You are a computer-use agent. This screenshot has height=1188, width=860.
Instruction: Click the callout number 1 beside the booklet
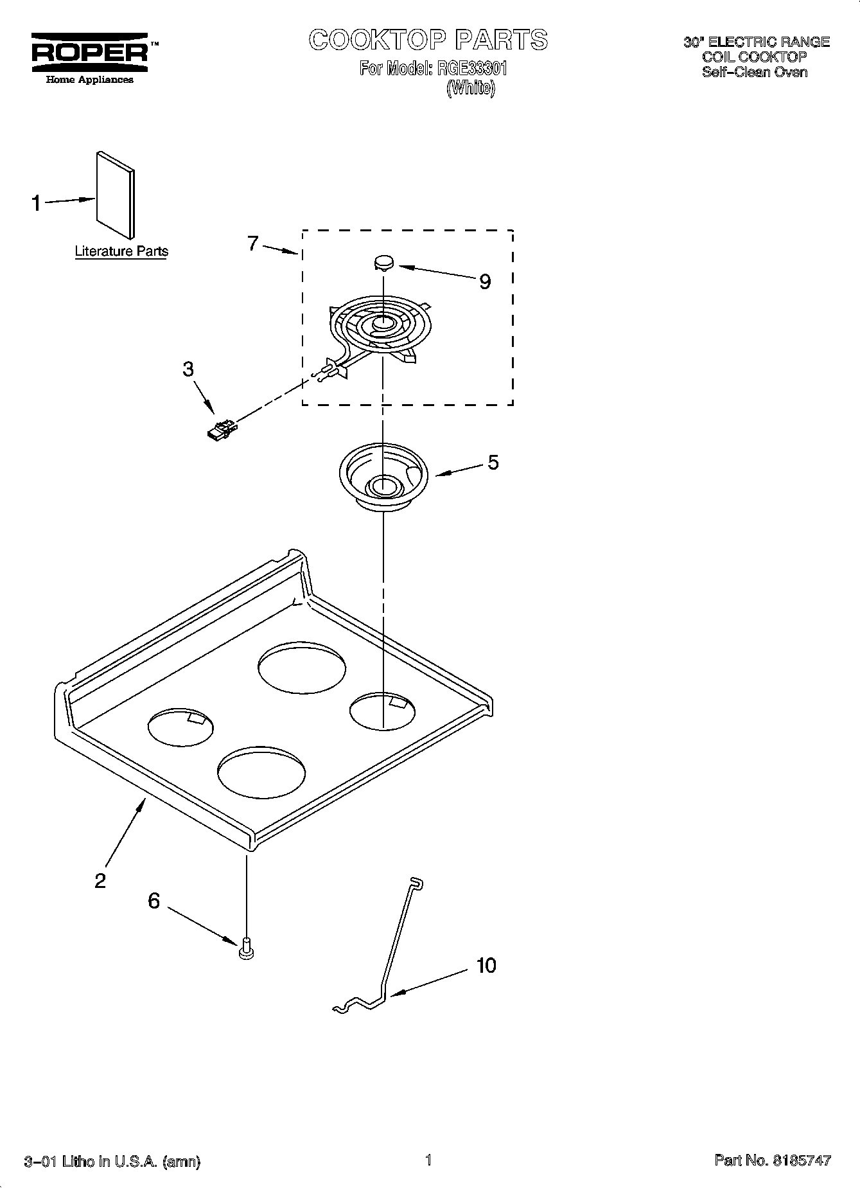pyautogui.click(x=37, y=204)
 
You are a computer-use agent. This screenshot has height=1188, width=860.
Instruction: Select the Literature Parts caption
pyautogui.click(x=121, y=251)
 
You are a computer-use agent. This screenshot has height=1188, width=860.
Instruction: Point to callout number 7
pyautogui.click(x=253, y=244)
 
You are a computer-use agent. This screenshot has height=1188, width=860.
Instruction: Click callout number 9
pyautogui.click(x=485, y=281)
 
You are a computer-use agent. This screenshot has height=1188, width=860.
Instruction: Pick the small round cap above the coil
pyautogui.click(x=384, y=262)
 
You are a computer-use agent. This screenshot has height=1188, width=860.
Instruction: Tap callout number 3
pyautogui.click(x=188, y=369)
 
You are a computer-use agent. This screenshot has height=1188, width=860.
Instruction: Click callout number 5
pyautogui.click(x=493, y=463)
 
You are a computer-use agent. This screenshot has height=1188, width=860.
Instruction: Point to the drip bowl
pyautogui.click(x=383, y=475)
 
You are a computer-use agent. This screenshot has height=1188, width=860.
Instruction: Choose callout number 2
pyautogui.click(x=100, y=880)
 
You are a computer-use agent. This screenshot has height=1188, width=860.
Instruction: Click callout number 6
pyautogui.click(x=154, y=901)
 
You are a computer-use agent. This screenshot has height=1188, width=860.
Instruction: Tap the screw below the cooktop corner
pyautogui.click(x=246, y=948)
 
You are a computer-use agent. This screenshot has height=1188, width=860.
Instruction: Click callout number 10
pyautogui.click(x=486, y=966)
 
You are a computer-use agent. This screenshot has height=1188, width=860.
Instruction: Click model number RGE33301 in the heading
pyautogui.click(x=471, y=68)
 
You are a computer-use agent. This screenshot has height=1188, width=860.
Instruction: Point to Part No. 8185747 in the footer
pyautogui.click(x=773, y=1160)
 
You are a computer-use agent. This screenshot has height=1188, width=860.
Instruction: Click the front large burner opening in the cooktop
pyautogui.click(x=261, y=772)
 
